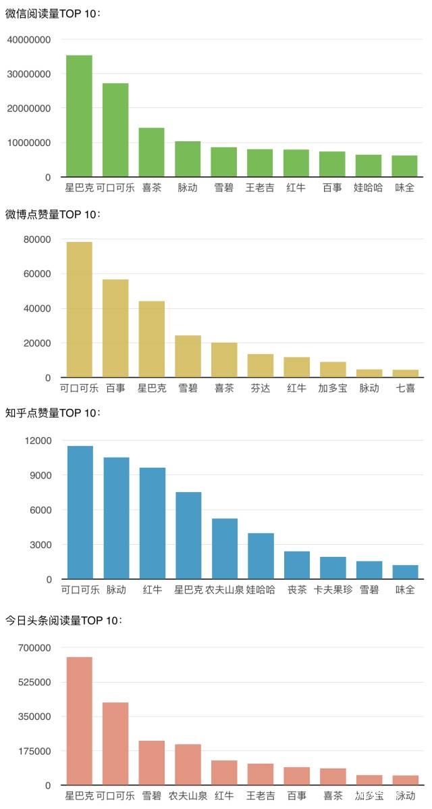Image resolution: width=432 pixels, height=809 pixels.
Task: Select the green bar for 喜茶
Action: pyautogui.click(x=151, y=152)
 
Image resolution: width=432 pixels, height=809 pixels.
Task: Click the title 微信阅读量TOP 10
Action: pyautogui.click(x=53, y=13)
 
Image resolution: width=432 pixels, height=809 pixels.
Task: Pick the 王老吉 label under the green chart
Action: pyautogui.click(x=260, y=187)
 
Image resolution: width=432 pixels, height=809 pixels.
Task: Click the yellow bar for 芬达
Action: pyautogui.click(x=260, y=366)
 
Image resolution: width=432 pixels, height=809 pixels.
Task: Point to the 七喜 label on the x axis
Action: pyautogui.click(x=405, y=388)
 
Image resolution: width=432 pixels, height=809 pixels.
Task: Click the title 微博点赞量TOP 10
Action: pyautogui.click(x=53, y=214)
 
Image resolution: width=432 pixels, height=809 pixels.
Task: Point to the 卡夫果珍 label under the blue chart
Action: pyautogui.click(x=333, y=589)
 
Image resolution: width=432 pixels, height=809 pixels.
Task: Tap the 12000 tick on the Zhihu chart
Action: pyautogui.click(x=38, y=441)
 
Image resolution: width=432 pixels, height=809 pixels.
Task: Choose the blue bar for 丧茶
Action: pyautogui.click(x=296, y=565)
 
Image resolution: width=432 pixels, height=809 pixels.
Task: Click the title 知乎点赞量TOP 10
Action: pyautogui.click(x=53, y=412)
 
